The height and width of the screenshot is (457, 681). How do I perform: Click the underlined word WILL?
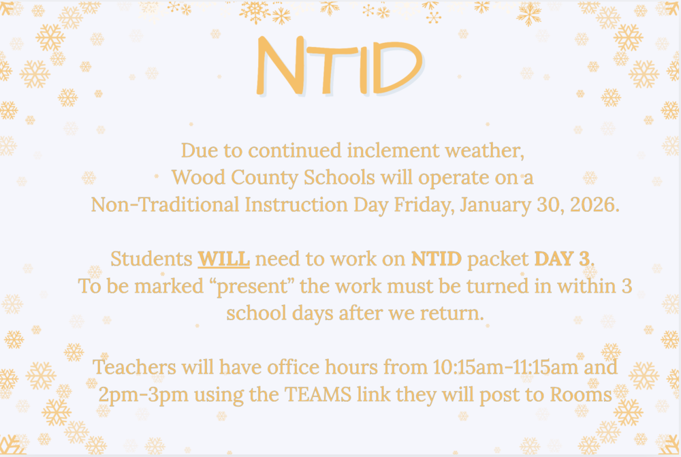(x=224, y=259)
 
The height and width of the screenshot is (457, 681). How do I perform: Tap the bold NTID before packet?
(x=437, y=259)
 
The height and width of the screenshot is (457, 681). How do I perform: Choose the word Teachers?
(x=133, y=368)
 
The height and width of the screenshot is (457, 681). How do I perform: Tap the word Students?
(x=151, y=259)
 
